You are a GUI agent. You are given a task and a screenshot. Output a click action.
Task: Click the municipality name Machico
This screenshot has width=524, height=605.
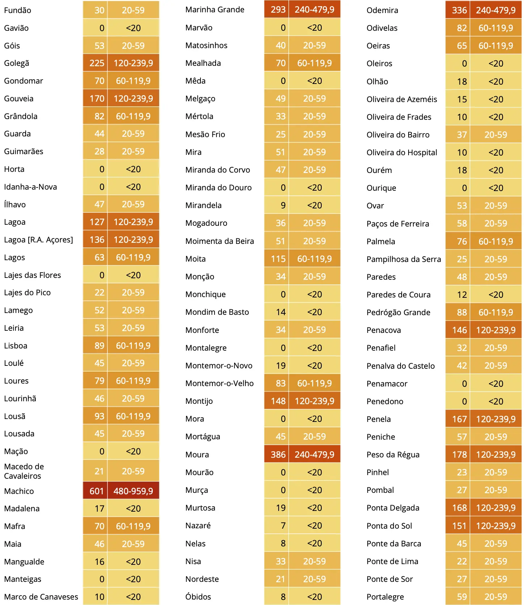[x=19, y=491]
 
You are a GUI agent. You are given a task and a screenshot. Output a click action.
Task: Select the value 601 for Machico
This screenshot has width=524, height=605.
[x=96, y=491]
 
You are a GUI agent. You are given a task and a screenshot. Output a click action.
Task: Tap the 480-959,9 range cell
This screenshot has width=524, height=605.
[x=133, y=491]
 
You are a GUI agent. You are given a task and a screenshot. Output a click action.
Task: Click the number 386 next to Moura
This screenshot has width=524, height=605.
[x=278, y=454]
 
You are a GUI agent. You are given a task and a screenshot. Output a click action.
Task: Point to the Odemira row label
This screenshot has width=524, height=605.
[x=382, y=10]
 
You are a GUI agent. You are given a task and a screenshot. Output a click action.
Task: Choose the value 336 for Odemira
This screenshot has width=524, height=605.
[x=459, y=10]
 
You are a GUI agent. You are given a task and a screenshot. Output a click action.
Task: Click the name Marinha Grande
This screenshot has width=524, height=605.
[x=215, y=9]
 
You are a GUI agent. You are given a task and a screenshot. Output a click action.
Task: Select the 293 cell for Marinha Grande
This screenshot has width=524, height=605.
[x=278, y=9]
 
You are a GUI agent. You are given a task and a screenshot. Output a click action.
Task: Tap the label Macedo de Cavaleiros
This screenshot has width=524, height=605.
[x=24, y=471]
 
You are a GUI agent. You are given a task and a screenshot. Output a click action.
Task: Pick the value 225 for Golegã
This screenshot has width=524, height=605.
[x=96, y=63]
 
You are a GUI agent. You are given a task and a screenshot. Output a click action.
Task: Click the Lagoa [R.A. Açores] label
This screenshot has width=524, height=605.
[x=38, y=240]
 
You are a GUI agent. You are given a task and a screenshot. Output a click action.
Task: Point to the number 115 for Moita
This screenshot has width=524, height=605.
[x=278, y=259]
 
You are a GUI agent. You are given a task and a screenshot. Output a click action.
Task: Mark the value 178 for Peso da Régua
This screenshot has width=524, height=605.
[x=459, y=454]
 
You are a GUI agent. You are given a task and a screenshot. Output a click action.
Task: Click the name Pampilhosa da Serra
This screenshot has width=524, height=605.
[x=403, y=259]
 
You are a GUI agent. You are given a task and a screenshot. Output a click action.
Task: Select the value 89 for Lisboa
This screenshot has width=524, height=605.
[x=99, y=346]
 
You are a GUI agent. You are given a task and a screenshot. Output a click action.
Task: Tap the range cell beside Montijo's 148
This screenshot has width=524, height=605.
[x=314, y=401]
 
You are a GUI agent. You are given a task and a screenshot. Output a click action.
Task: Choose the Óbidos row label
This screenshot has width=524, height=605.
[x=198, y=597]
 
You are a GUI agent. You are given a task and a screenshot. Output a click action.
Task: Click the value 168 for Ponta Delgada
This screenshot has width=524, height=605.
[x=459, y=508]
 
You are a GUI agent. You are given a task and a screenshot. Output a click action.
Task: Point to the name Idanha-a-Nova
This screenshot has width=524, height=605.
[x=30, y=187]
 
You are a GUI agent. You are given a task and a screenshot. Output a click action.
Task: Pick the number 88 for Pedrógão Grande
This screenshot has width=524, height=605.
[x=461, y=312]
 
